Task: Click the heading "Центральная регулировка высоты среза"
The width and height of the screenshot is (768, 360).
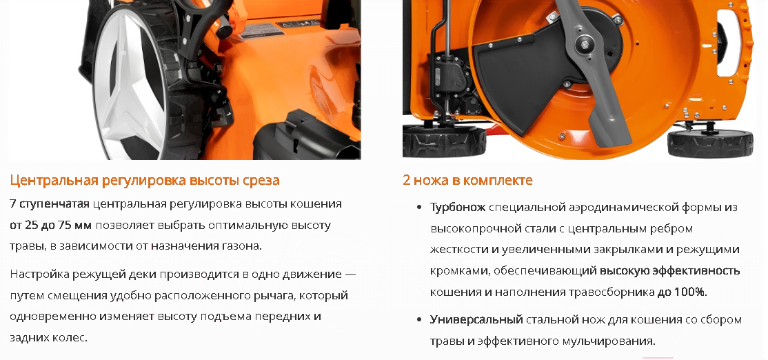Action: [145, 180]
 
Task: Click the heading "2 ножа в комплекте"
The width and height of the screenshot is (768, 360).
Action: [467, 180]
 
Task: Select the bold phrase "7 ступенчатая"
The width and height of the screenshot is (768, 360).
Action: [50, 204]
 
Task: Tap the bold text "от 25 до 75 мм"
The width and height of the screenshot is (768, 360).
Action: [50, 226]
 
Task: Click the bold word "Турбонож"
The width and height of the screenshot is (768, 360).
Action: [458, 207]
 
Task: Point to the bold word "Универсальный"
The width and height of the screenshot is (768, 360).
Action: [476, 320]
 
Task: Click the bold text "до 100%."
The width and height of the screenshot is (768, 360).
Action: [682, 292]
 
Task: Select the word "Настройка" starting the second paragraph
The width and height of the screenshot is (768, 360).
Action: [40, 273]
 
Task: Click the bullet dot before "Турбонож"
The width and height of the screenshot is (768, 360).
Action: [418, 207]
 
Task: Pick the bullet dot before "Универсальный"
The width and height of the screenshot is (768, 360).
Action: [418, 320]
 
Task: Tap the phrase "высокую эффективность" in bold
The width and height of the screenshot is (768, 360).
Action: [669, 270]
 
